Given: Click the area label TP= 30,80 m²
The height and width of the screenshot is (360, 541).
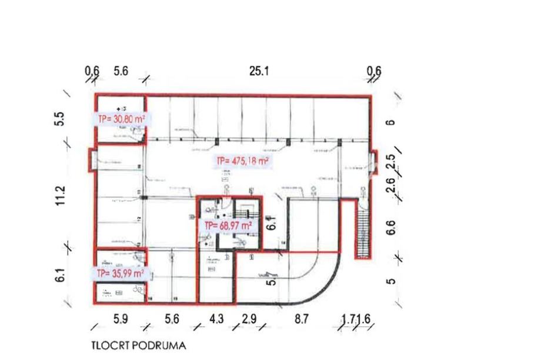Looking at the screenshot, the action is pos(121,118).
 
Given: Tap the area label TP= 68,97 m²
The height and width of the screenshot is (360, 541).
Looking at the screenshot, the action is pos(229,225).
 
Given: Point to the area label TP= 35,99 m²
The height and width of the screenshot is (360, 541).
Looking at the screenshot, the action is pos(121,273).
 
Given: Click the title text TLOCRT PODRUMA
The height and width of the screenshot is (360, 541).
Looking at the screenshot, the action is pos(138,346).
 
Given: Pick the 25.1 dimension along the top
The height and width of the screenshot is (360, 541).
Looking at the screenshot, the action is pos(259,71).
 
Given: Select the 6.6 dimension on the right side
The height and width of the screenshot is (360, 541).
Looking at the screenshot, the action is pos(390,228).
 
